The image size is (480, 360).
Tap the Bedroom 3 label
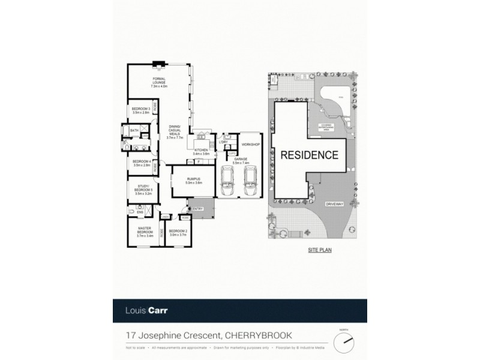[142, 110]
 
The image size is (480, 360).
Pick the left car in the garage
[229, 181]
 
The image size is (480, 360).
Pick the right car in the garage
[250, 181]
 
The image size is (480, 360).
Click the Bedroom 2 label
[178, 233]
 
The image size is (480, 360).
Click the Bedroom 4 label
[142, 163]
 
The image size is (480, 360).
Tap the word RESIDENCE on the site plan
[309, 154]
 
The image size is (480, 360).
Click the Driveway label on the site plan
[334, 205]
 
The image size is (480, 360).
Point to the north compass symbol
[344, 343]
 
